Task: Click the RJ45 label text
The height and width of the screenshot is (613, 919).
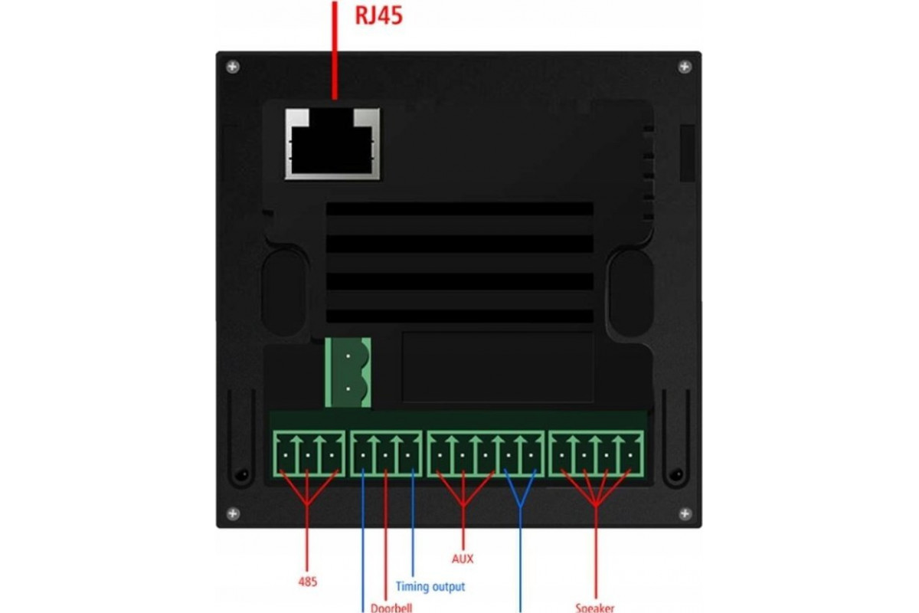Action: click(378, 16)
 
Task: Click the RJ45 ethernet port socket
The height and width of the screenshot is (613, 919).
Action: click(333, 143)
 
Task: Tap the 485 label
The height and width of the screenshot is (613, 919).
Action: click(307, 582)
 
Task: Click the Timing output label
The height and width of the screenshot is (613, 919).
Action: click(430, 587)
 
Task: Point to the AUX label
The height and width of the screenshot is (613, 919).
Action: click(463, 559)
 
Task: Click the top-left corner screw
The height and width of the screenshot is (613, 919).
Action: click(233, 67)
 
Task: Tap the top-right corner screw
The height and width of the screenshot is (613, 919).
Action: click(685, 67)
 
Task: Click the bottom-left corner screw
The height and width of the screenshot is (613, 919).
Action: click(233, 513)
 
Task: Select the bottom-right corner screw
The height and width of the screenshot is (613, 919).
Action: click(685, 513)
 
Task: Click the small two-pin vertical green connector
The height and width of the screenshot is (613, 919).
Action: click(348, 372)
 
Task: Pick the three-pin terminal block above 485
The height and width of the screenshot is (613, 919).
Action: click(308, 454)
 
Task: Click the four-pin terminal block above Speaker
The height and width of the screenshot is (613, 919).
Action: click(597, 454)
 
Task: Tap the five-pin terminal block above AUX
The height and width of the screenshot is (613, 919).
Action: click(486, 454)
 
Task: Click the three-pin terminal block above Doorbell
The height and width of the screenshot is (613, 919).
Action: click(386, 454)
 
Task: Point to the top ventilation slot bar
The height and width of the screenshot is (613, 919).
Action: click(459, 209)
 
